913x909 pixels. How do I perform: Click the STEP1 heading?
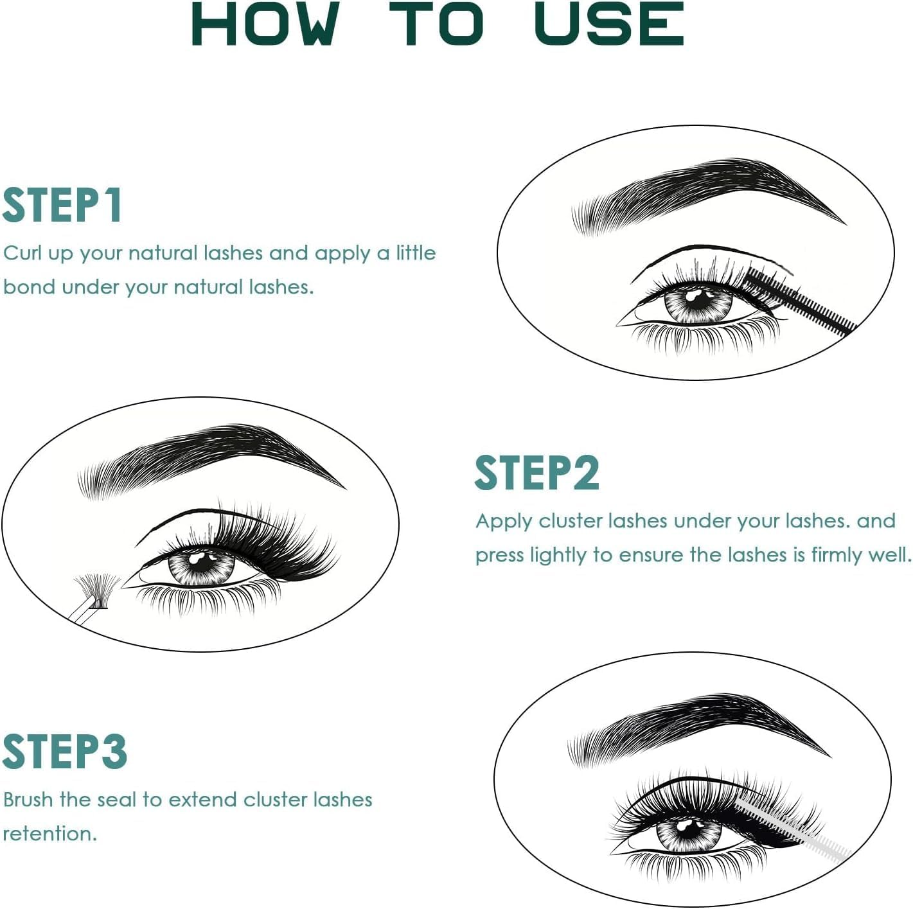coord(62,206)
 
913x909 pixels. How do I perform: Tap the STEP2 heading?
coord(537,473)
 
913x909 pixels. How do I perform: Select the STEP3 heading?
coord(65,752)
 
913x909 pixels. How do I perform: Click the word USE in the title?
coord(608,24)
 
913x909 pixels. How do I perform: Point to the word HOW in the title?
coord(265,24)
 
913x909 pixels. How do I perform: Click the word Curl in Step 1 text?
coord(22,253)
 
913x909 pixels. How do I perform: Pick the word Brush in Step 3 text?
coord(28,800)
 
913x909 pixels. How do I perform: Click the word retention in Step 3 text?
coord(48,834)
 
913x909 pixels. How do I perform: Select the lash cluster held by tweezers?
coord(96,588)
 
